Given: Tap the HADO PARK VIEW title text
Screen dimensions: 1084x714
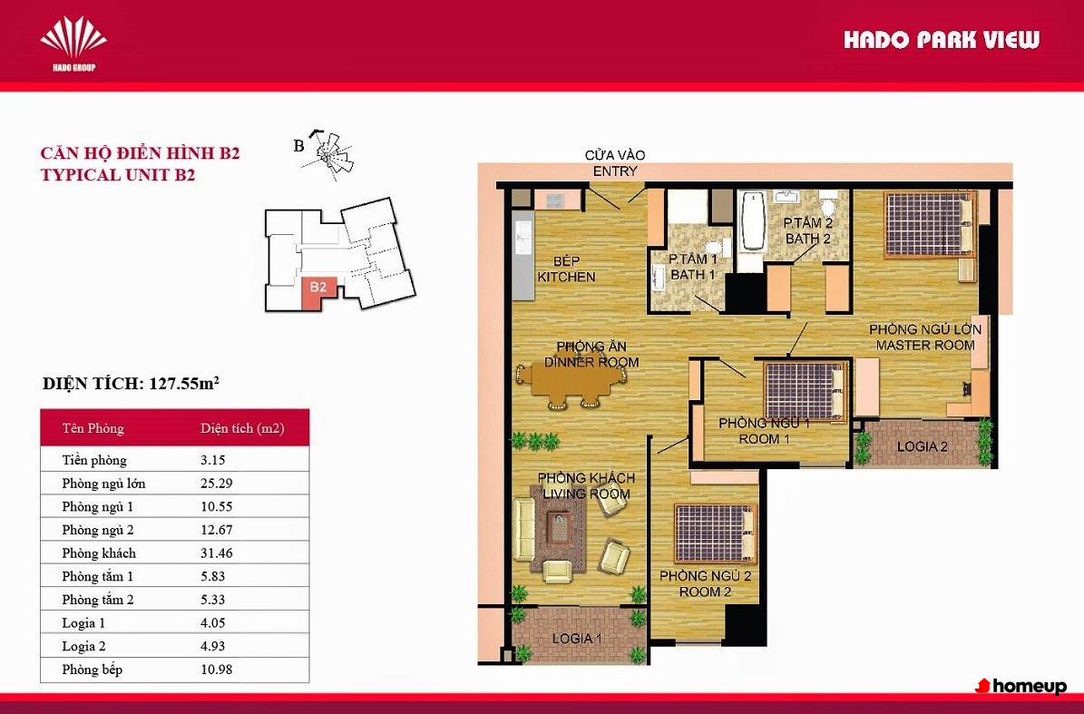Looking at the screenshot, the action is pyautogui.click(x=941, y=40).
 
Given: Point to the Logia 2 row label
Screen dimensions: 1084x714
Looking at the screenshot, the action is pyautogui.click(x=83, y=646).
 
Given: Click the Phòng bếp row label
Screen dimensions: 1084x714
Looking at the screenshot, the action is pyautogui.click(x=92, y=670).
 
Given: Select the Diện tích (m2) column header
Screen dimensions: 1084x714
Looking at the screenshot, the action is pyautogui.click(x=242, y=428).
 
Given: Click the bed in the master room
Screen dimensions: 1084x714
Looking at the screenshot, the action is pyautogui.click(x=929, y=225).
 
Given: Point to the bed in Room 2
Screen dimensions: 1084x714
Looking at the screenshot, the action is pyautogui.click(x=714, y=533).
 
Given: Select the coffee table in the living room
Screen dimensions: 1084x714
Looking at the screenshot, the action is pyautogui.click(x=560, y=529).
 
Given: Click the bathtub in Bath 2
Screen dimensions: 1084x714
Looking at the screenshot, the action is pyautogui.click(x=751, y=222).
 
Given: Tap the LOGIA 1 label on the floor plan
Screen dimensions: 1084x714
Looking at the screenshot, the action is pyautogui.click(x=577, y=639).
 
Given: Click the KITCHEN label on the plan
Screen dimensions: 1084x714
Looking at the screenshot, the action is pyautogui.click(x=566, y=277).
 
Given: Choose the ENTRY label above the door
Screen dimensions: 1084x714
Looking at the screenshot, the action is pyautogui.click(x=615, y=171).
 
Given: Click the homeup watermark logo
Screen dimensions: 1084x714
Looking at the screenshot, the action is pyautogui.click(x=1021, y=687).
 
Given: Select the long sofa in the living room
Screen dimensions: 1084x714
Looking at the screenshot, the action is pyautogui.click(x=525, y=531).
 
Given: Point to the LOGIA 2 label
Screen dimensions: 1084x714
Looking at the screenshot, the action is pyautogui.click(x=923, y=446).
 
